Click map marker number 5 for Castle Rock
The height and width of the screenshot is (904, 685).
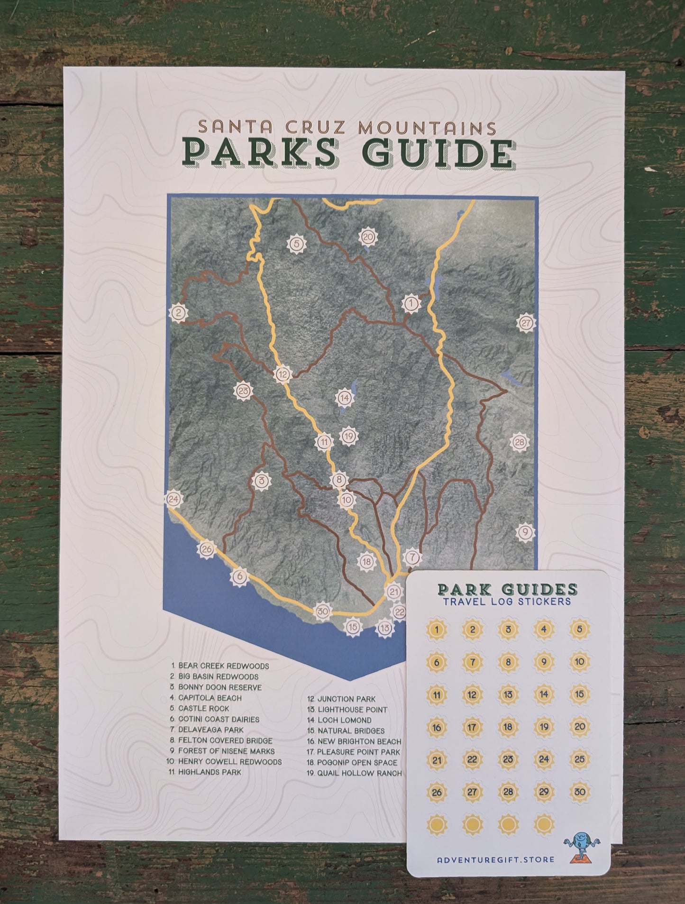(x=297, y=244)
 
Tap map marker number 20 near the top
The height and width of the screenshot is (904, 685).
(x=368, y=237)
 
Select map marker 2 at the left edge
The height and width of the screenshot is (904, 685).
(x=179, y=313)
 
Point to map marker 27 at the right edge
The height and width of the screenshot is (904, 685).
(x=526, y=323)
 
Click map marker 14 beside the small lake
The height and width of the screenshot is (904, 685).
(x=345, y=398)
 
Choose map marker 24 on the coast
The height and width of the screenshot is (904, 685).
(x=174, y=499)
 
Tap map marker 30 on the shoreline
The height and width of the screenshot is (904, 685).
(x=322, y=611)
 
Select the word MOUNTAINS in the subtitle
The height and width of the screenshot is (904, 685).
(x=427, y=128)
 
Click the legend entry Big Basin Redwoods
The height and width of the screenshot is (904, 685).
(x=218, y=676)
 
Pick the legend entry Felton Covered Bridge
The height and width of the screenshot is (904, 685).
(x=225, y=740)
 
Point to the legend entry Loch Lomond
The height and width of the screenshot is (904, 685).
(x=344, y=720)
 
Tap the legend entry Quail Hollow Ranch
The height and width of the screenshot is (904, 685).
(x=359, y=773)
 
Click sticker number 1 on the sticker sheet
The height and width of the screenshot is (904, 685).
(x=437, y=630)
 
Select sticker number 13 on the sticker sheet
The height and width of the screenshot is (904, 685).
(x=508, y=694)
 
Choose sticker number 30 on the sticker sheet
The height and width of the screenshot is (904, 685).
(x=579, y=792)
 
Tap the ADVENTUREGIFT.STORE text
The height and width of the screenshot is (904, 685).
(x=495, y=859)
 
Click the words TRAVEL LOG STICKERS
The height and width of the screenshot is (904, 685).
(x=507, y=601)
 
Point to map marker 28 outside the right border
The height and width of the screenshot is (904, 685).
(x=520, y=442)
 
